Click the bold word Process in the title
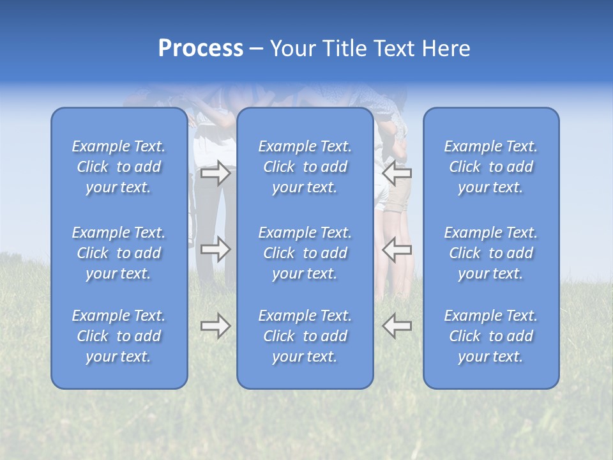[201, 49]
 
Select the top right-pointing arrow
[216, 173]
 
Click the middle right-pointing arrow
[216, 249]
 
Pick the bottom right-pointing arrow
[216, 326]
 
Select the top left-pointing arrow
[397, 173]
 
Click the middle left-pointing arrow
[397, 249]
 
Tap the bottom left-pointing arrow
[397, 326]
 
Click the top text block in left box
[119, 167]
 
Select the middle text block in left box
[119, 253]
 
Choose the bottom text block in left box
[119, 336]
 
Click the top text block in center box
[305, 167]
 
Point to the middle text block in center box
[305, 253]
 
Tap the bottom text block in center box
[305, 336]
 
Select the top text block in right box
[491, 167]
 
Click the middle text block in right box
[491, 253]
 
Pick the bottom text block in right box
[491, 336]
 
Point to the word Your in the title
[292, 49]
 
